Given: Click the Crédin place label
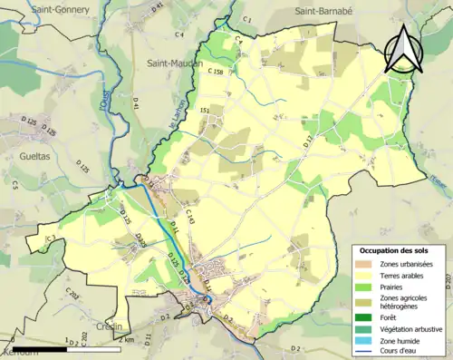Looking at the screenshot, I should pos(107,326).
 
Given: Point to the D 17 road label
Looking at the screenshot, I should pos(305,140).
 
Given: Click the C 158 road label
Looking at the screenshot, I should pos(215,71).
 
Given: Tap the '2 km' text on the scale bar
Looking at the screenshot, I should pos(127,339).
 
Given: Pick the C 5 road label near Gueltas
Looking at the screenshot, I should pos(15,185).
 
